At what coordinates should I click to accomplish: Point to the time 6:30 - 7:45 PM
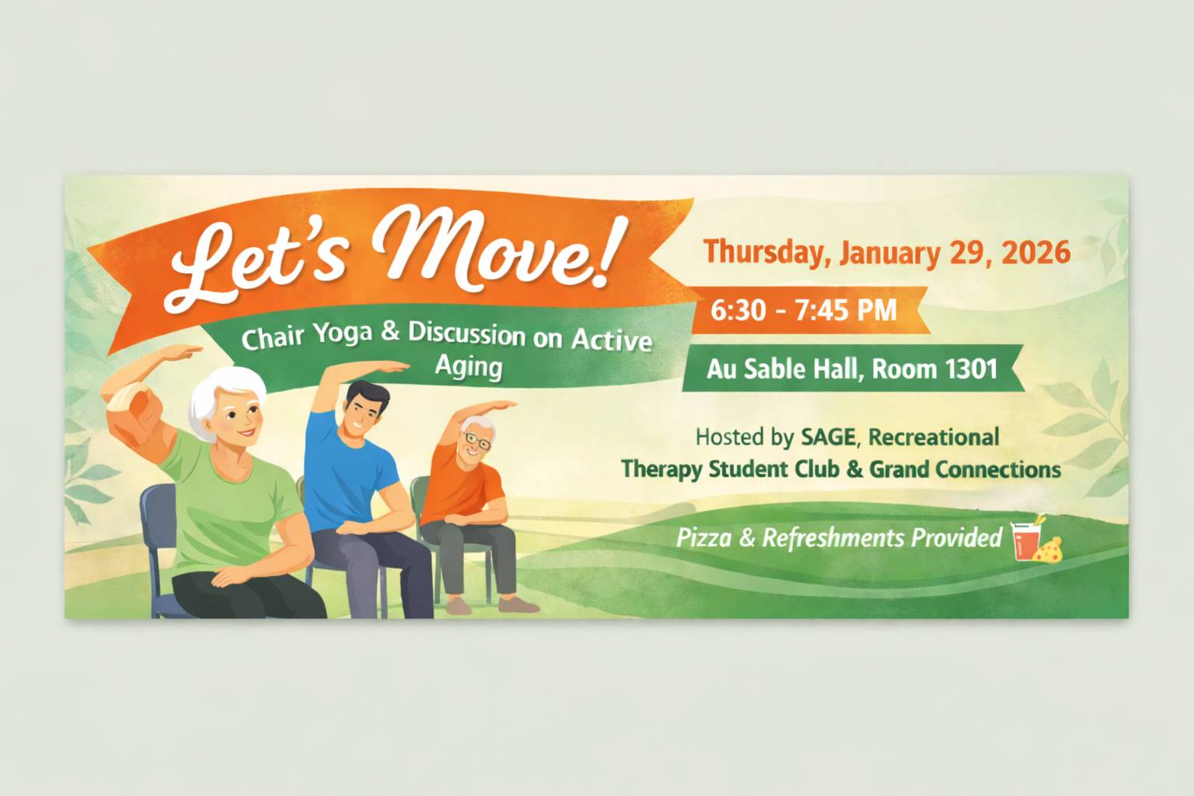(804, 310)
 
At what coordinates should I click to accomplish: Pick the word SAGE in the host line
(827, 437)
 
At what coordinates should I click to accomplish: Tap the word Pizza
(703, 537)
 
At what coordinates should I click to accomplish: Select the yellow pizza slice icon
(1050, 549)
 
